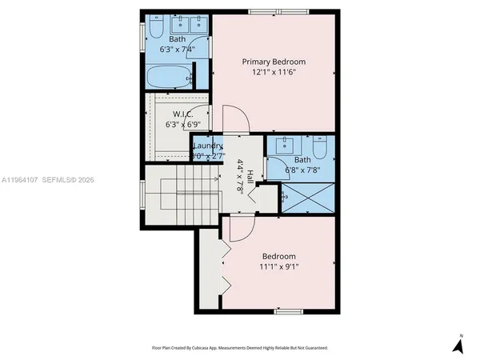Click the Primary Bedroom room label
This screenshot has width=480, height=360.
[274, 62]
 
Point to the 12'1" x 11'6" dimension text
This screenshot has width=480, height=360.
[274, 73]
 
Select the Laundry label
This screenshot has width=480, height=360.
[206, 146]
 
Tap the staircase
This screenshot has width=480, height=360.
[179, 192]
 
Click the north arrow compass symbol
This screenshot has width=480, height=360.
[458, 345]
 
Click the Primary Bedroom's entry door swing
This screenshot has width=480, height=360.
[236, 120]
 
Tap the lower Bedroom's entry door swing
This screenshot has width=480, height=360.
[241, 228]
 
